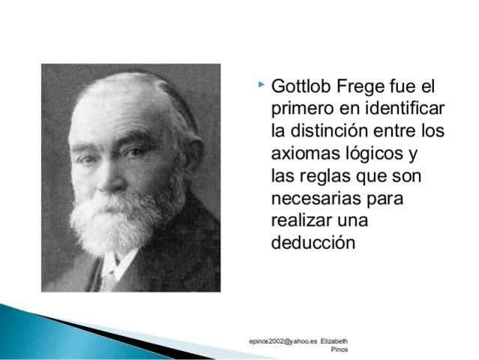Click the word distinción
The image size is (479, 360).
tap(328, 131)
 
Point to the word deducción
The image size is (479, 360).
tap(311, 244)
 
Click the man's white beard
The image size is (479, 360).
tap(112, 221)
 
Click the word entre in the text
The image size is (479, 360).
tap(408, 131)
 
